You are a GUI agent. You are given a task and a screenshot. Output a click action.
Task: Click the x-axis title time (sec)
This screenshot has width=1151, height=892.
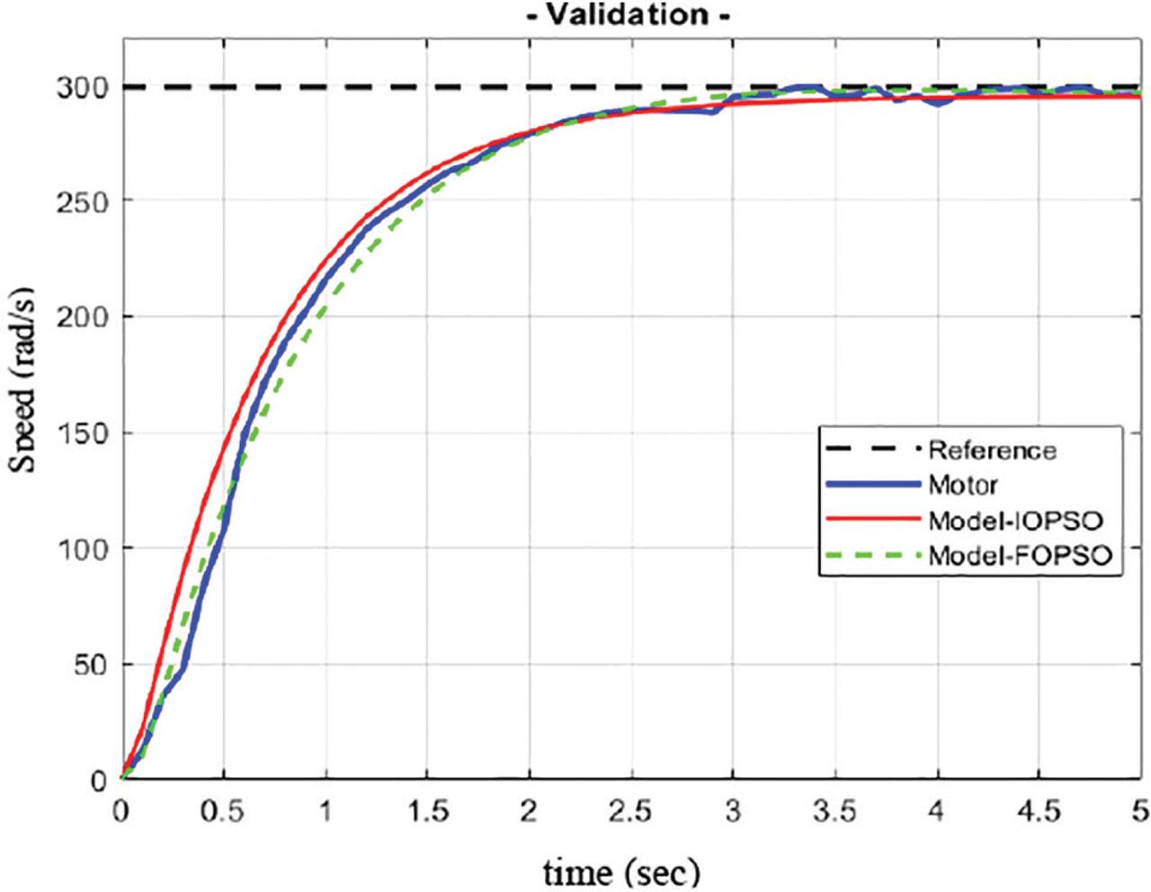620,870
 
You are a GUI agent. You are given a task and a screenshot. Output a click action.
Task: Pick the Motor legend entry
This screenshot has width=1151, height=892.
962,486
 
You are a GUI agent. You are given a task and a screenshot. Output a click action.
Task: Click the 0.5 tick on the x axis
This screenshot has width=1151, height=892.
223,811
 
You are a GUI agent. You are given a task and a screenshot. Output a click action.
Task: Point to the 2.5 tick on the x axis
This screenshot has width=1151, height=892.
631,811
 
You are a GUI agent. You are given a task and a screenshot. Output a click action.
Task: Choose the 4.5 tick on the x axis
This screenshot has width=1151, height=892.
1039,811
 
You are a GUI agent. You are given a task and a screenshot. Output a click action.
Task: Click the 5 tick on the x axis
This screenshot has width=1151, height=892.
1140,811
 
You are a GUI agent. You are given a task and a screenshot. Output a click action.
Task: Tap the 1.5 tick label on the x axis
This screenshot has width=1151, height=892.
427,811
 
